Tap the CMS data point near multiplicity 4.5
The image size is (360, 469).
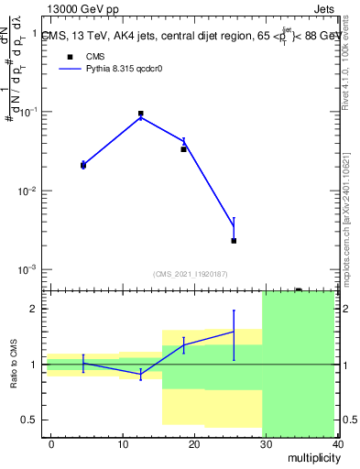point(83,165)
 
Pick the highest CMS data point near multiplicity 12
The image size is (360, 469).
point(140,114)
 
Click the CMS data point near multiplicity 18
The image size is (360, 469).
point(184,148)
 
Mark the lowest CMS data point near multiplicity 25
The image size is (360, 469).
point(234,241)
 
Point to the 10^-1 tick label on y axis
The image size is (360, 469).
point(30,112)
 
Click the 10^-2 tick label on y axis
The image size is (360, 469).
point(30,191)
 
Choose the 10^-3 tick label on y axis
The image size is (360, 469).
point(30,270)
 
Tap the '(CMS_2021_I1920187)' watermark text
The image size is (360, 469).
point(191,273)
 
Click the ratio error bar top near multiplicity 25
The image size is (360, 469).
point(234,311)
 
